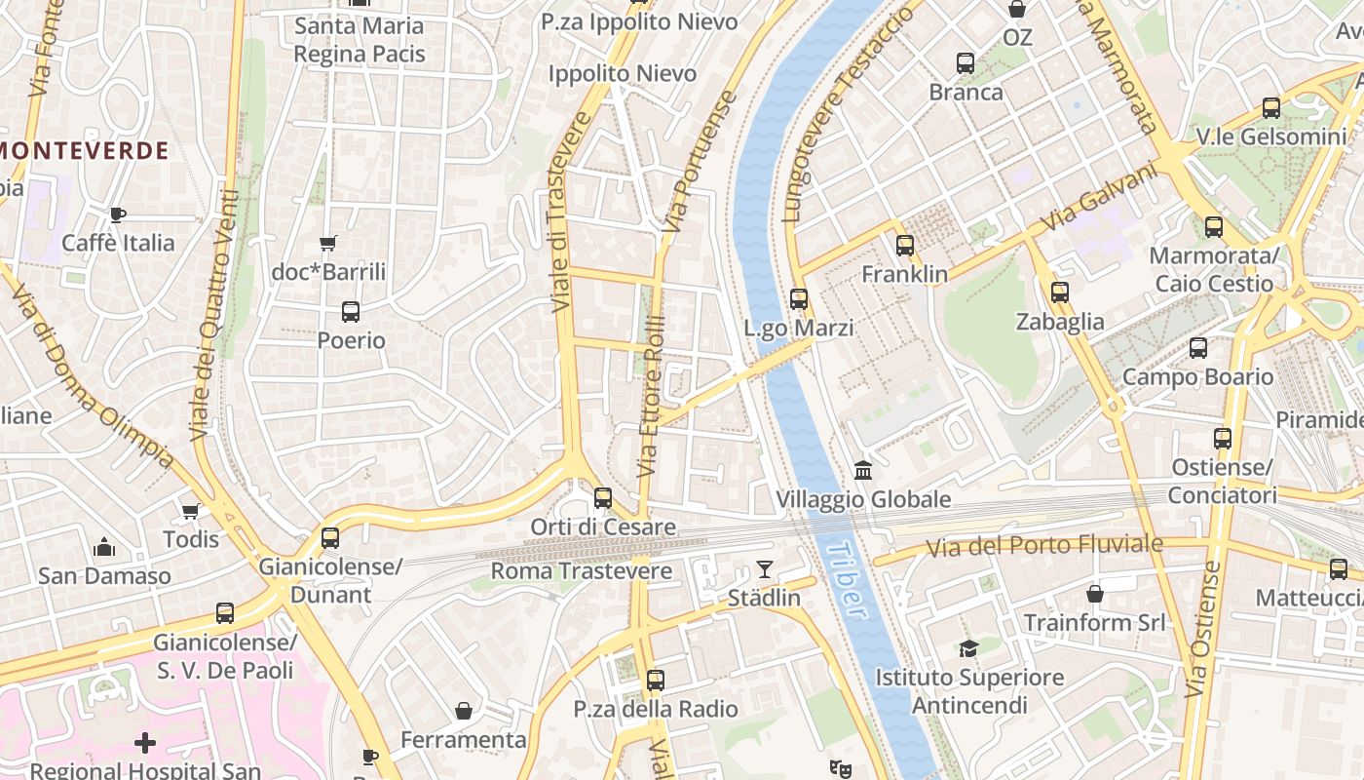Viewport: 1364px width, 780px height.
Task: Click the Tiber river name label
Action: [844, 580]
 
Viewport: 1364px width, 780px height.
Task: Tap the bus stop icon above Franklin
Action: [905, 245]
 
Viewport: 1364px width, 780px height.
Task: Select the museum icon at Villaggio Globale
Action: [862, 471]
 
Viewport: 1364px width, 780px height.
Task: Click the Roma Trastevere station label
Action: [581, 570]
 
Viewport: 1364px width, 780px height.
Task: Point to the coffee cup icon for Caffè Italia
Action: [118, 214]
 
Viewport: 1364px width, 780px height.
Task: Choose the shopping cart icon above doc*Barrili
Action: [328, 243]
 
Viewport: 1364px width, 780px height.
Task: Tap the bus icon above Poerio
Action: [351, 312]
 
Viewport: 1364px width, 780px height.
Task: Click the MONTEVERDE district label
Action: [85, 151]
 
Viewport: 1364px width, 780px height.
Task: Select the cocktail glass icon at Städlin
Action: [765, 568]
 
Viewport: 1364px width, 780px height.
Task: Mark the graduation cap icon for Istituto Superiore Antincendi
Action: [968, 648]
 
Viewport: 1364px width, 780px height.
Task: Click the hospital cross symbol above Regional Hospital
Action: [145, 744]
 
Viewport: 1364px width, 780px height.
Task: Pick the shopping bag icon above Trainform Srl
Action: [1095, 593]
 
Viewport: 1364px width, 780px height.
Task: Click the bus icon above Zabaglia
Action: [1060, 292]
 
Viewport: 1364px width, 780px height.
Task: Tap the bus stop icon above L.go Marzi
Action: [799, 299]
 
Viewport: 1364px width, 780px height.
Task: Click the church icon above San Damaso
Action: [104, 547]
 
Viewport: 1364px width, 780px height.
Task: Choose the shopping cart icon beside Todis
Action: [191, 511]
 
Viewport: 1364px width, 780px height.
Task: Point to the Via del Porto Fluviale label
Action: [1043, 545]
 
